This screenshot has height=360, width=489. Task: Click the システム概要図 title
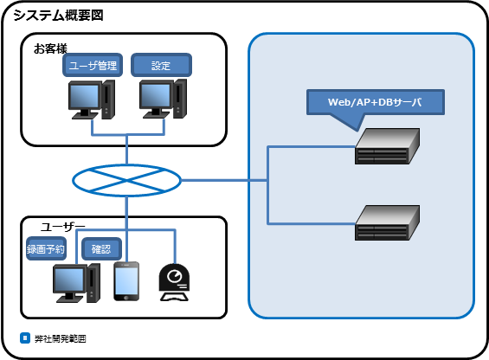point(58,15)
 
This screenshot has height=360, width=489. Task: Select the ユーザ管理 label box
point(93,65)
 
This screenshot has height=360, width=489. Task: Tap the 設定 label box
point(161,65)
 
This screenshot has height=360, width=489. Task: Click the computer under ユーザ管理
point(92,100)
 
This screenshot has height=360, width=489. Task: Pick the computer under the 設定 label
point(163,99)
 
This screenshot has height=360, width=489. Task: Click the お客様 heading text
point(50,48)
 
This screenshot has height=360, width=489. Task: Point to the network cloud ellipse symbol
point(126,180)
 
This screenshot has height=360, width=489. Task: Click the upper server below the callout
point(387,146)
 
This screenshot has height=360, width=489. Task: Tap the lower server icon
point(387,222)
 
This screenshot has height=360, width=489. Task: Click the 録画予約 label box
point(46,248)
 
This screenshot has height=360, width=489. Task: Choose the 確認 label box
point(101,248)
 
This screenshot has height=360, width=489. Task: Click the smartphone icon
point(126,281)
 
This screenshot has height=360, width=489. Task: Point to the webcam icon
point(174,283)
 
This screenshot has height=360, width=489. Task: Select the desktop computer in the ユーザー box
point(76,283)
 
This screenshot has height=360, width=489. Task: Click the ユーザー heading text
point(62,227)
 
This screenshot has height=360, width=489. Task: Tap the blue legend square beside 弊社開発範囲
point(25,337)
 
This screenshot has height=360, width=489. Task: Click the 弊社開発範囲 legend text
point(61,338)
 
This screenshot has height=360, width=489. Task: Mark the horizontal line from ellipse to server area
point(224,180)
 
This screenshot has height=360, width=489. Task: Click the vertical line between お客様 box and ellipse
point(126,150)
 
